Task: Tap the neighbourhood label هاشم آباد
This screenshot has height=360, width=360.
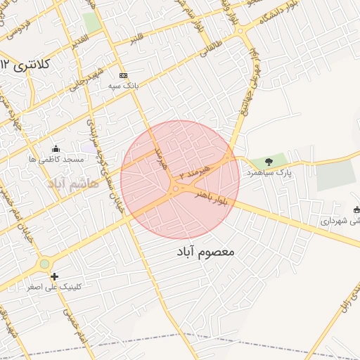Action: pos(73,183)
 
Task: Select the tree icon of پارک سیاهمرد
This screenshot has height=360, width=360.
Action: pos(268,162)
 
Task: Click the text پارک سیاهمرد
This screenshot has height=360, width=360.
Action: pos(269,172)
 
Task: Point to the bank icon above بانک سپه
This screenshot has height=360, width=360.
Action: pos(124,75)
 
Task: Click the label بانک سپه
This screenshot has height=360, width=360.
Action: pos(123,85)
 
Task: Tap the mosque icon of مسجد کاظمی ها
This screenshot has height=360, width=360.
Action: pos(56,149)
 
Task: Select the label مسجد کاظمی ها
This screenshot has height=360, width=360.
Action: pos(56,160)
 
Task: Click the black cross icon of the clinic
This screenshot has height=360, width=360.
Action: pos(54,276)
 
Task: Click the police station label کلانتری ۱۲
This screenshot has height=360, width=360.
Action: pos(27,65)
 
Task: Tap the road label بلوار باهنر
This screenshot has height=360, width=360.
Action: pos(213,195)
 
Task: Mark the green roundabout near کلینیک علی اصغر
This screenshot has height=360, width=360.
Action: pos(45,264)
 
